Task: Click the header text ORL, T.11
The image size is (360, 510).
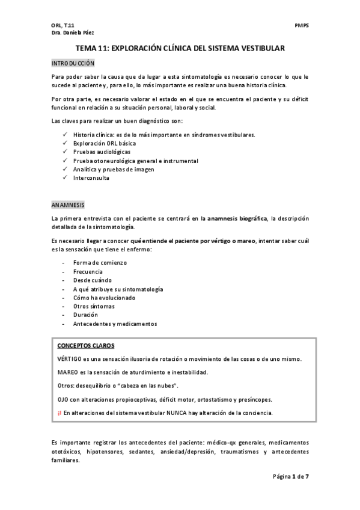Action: [x=63, y=26]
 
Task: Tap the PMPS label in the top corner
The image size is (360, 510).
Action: [x=302, y=26]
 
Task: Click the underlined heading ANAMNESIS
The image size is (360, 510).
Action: [x=69, y=204]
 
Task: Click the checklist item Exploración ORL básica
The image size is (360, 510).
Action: [x=105, y=143]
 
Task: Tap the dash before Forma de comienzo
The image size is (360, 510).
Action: [x=64, y=263]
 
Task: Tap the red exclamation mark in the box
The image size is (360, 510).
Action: [x=59, y=413]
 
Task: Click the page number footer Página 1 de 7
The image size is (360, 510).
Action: [x=291, y=476]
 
